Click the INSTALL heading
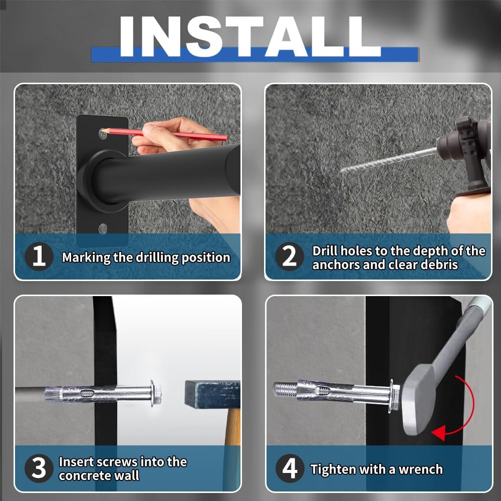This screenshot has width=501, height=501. [x=250, y=37]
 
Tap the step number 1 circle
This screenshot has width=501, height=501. [x=39, y=256]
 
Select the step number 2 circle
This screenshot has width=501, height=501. [x=290, y=256]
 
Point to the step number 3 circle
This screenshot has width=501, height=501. [x=39, y=468]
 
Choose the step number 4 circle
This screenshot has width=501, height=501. [x=290, y=468]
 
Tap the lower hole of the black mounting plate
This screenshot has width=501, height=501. [x=103, y=229]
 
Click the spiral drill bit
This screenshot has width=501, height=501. [x=388, y=160]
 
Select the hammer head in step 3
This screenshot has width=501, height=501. [x=212, y=395]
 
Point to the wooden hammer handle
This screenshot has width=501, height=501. [x=232, y=426]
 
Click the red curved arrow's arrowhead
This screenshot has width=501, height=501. [x=438, y=433]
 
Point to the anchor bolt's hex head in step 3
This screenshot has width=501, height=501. [x=156, y=393]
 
